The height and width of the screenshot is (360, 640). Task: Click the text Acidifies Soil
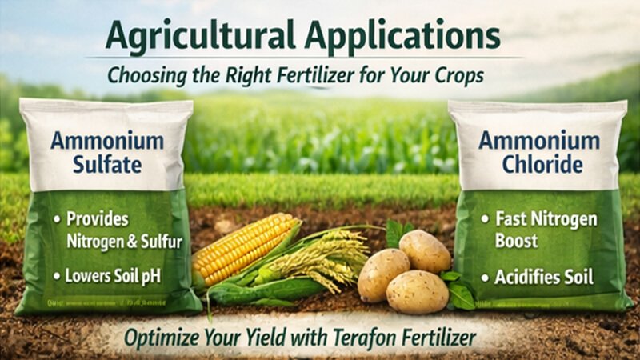[x=538, y=278]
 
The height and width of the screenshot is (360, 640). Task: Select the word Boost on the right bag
[x=516, y=240]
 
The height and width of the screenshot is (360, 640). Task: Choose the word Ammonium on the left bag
[x=106, y=142]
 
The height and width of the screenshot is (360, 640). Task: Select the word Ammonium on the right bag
[x=538, y=141]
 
